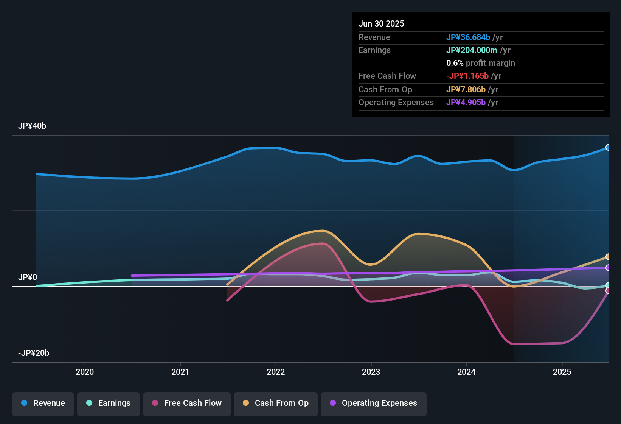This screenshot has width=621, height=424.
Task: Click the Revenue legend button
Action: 43,403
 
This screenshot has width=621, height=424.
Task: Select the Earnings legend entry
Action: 109,403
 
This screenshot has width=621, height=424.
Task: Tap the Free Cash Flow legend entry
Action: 187,403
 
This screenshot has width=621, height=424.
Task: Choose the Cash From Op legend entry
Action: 276,403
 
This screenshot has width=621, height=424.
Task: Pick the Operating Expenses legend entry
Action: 374,403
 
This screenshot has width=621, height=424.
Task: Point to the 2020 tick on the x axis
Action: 85,372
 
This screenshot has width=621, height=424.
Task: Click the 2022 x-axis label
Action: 276,372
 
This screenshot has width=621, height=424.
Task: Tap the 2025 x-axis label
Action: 562,372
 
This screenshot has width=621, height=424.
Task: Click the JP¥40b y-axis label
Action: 32,126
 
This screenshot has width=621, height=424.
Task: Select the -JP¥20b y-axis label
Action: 34,353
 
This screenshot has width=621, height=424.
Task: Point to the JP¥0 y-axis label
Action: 28,277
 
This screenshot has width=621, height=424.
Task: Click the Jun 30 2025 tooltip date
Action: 381,24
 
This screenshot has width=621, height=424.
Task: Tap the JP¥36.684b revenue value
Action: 468,37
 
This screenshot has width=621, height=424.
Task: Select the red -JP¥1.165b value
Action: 467,76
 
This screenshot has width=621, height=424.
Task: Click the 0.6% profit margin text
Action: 480,63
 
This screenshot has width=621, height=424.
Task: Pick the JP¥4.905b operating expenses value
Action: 466,103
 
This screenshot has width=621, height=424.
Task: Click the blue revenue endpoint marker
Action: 608,147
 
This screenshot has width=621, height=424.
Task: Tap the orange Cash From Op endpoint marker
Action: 608,257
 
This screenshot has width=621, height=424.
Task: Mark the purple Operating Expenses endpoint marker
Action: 608,268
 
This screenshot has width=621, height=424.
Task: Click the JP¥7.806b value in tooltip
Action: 466,90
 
